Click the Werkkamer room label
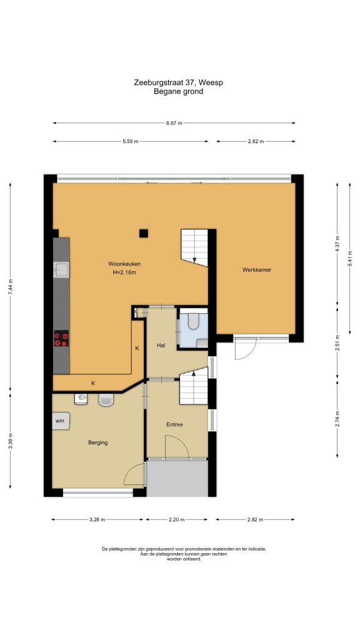256,270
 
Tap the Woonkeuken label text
124,264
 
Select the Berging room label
98,442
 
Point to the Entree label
175,424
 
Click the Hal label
161,345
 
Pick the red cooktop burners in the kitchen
61,338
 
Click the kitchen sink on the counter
61,269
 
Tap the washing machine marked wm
61,421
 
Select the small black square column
143,234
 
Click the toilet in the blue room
193,321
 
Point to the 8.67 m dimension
174,123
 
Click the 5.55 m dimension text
130,142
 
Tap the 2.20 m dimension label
177,519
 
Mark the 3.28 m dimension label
97,519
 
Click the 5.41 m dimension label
350,258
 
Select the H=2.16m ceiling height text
124,272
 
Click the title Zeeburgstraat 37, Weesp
178,83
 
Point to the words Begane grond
178,91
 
